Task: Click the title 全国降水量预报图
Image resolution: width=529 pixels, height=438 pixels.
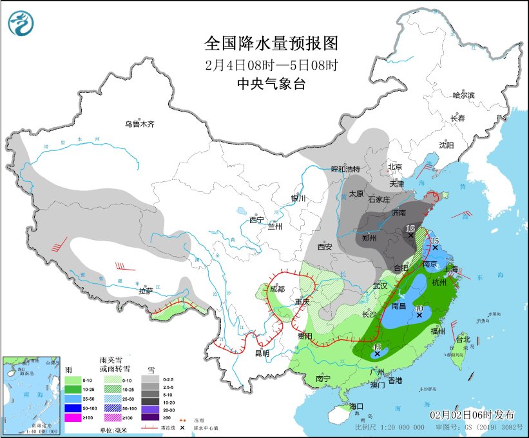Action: tap(271, 44)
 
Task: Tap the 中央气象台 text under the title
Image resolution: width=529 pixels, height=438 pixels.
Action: tap(271, 84)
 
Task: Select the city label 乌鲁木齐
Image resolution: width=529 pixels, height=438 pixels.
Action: tap(140, 124)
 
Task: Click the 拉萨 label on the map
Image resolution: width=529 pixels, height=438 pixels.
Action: tap(146, 291)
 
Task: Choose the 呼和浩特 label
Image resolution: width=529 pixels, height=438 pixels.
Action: tap(345, 169)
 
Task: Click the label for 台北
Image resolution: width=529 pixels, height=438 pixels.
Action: tap(463, 339)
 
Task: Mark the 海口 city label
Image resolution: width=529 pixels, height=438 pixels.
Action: tap(358, 406)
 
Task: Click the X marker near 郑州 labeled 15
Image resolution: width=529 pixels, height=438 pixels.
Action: tap(410, 235)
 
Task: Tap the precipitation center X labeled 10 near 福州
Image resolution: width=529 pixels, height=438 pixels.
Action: tap(419, 315)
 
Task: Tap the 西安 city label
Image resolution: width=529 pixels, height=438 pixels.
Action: tap(324, 246)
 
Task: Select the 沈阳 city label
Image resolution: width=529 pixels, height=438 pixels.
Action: tap(447, 145)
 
